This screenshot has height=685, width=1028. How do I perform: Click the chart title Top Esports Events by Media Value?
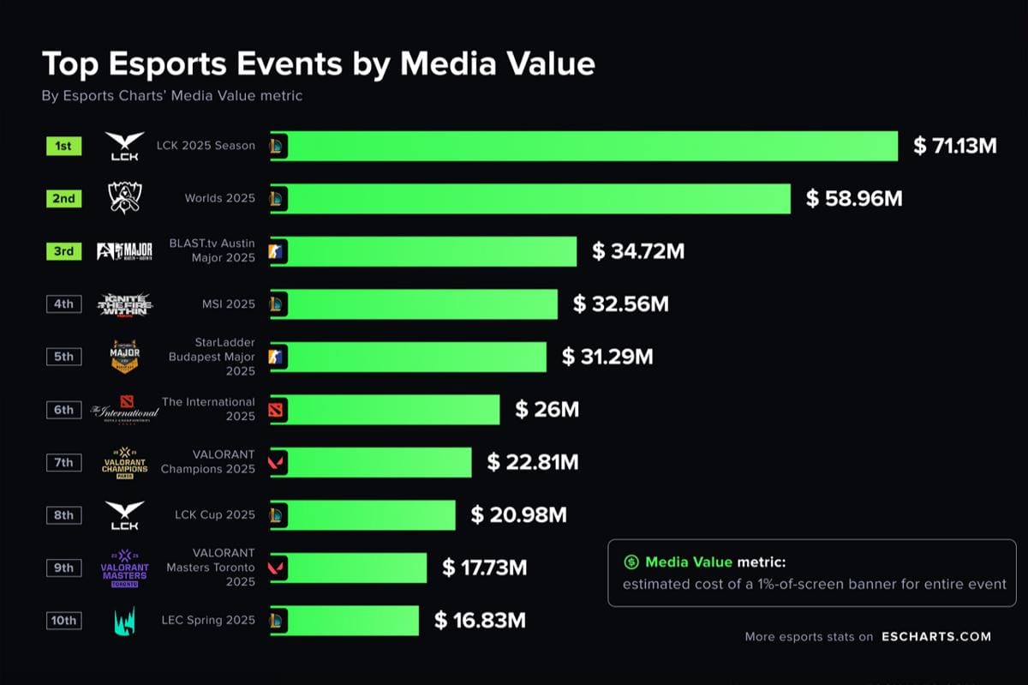pyautogui.click(x=318, y=64)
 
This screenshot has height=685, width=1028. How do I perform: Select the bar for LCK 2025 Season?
pyautogui.click(x=591, y=146)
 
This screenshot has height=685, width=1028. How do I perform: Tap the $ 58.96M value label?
pyautogui.click(x=854, y=199)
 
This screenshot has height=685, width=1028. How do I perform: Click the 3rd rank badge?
pyautogui.click(x=64, y=251)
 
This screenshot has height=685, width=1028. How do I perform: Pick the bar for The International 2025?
pyautogui.click(x=394, y=410)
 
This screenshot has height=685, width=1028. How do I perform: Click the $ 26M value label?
pyautogui.click(x=547, y=410)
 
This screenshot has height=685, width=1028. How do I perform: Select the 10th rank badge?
pyautogui.click(x=64, y=621)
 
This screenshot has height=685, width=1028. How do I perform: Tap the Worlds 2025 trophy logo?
pyautogui.click(x=124, y=198)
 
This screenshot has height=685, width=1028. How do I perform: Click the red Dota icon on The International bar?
pyautogui.click(x=277, y=410)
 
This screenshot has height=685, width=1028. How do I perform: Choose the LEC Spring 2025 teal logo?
pyautogui.click(x=124, y=621)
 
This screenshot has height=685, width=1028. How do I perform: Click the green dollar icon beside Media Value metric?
pyautogui.click(x=631, y=562)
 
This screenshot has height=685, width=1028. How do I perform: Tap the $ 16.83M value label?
pyautogui.click(x=479, y=621)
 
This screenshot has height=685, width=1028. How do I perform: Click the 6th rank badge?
pyautogui.click(x=64, y=410)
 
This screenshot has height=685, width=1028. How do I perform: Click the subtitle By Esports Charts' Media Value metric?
pyautogui.click(x=171, y=96)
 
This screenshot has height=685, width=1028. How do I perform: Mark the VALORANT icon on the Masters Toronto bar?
pyautogui.click(x=277, y=568)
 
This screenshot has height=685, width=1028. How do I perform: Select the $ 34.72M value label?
pyautogui.click(x=637, y=251)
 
